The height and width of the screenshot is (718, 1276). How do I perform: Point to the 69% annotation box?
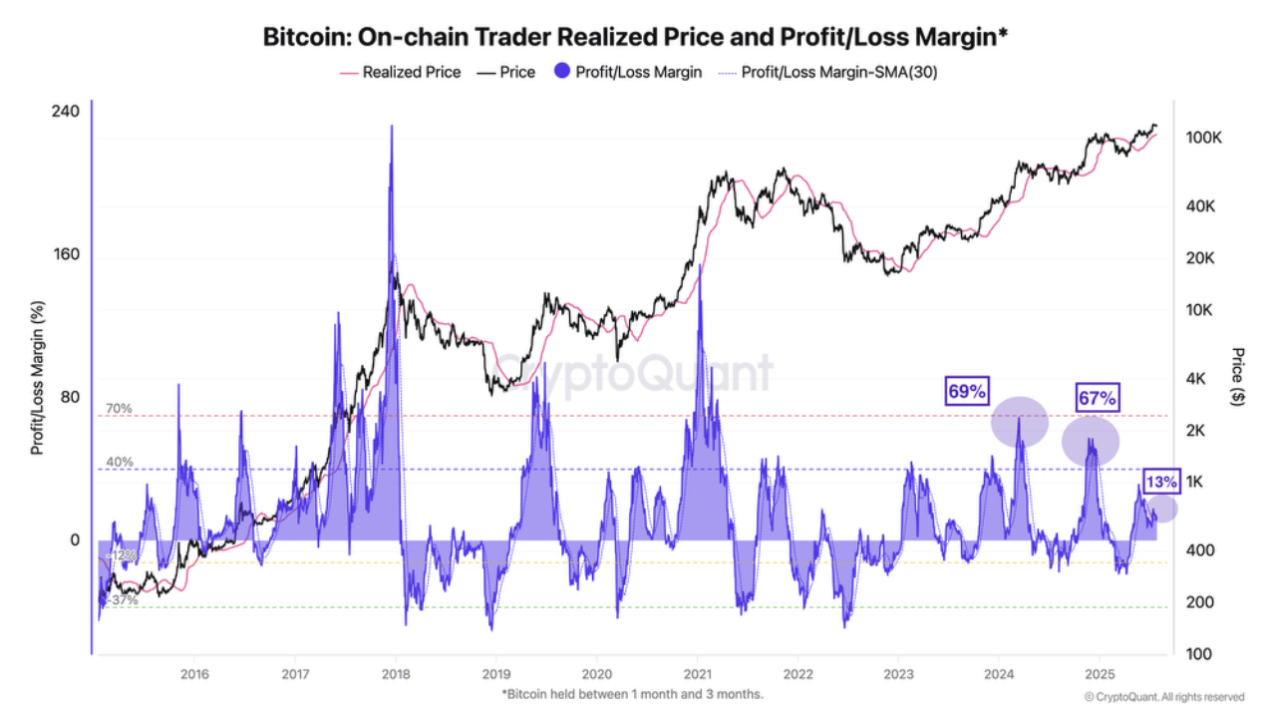[966, 392]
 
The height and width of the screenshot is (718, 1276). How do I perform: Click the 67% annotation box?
[1098, 398]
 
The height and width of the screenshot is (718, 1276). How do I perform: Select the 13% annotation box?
[1160, 482]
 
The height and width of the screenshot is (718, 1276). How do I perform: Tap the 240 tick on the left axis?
[66, 112]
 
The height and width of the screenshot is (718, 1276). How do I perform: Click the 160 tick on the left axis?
[66, 254]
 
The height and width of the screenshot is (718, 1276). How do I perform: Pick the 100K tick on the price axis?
[1204, 138]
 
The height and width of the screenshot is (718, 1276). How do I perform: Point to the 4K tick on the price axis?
[1197, 379]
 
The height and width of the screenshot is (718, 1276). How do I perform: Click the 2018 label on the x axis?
[396, 674]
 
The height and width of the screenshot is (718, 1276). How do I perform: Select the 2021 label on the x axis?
[697, 674]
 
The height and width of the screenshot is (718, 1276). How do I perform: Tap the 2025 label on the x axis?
[1099, 674]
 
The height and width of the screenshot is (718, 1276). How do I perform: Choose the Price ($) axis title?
[1238, 377]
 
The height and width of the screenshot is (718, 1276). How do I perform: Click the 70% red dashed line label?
[119, 409]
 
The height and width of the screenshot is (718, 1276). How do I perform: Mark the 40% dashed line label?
[119, 462]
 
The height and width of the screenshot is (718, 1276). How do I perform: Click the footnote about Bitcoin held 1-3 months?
[633, 693]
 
